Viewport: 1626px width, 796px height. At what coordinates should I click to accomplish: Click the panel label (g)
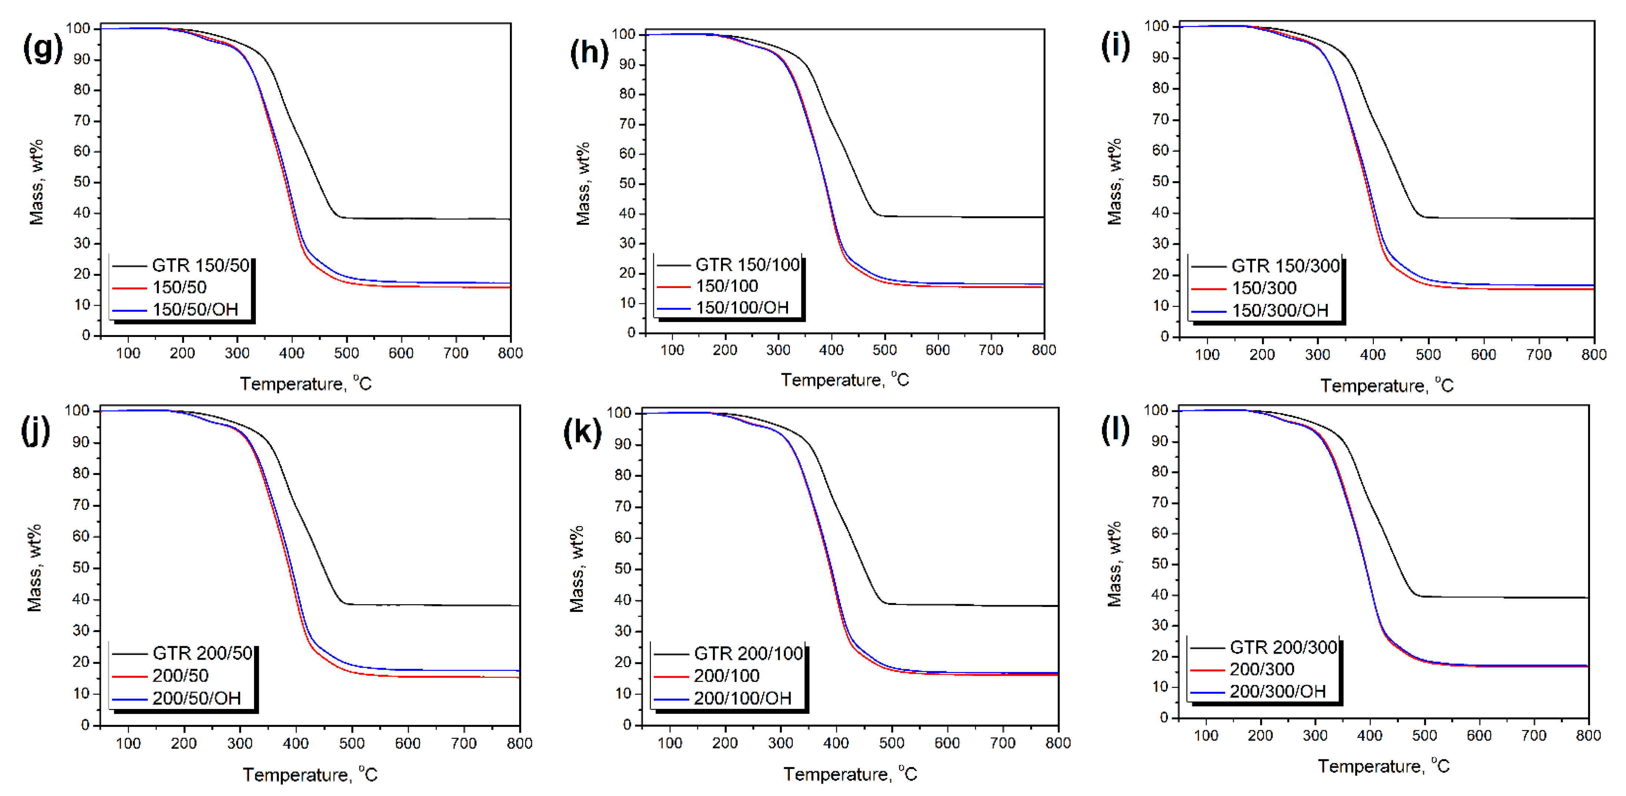click(x=42, y=48)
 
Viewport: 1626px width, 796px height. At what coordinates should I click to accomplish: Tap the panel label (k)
click(x=582, y=433)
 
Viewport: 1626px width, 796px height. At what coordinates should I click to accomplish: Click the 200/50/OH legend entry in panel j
click(x=196, y=698)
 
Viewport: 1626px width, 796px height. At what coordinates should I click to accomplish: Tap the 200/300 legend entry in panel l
click(x=1261, y=669)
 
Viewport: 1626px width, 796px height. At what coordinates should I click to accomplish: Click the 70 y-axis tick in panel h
click(x=627, y=124)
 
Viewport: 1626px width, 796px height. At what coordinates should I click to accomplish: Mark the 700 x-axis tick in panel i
click(x=1538, y=354)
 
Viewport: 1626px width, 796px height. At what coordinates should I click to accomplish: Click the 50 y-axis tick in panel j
click(x=81, y=568)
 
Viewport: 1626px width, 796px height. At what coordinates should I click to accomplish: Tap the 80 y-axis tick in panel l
click(x=1159, y=472)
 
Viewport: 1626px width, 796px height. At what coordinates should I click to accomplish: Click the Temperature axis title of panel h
click(x=845, y=380)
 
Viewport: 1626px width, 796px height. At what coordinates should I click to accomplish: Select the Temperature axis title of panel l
click(x=1383, y=766)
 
